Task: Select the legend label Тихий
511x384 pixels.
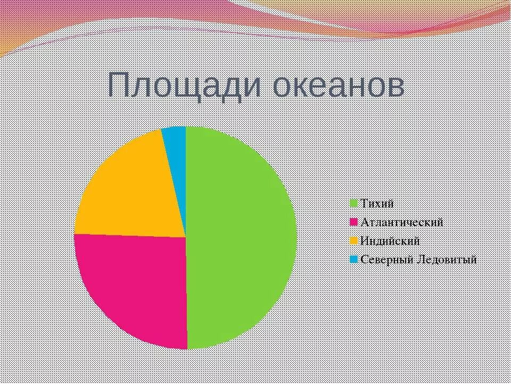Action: coord(377,203)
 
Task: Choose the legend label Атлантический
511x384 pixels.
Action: coord(401,222)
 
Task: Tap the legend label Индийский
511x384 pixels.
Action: coord(390,241)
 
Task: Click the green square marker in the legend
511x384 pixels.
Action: coord(354,204)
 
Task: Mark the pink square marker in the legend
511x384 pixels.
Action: coord(354,222)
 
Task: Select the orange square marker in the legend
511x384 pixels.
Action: coord(354,241)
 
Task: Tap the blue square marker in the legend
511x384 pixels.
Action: coord(354,260)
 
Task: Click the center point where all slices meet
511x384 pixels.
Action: coord(186,237)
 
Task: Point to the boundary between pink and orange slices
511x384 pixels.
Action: coord(130,235)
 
